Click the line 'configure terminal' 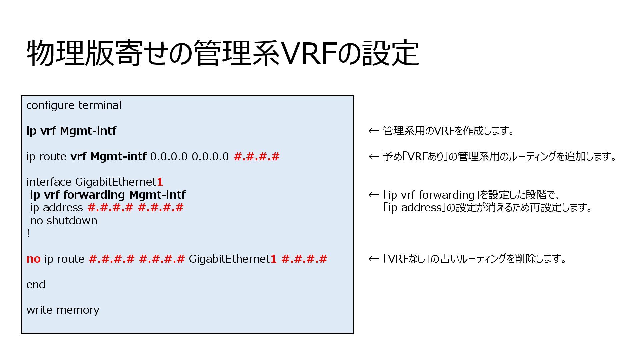click(x=74, y=105)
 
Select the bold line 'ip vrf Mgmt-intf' click(x=71, y=131)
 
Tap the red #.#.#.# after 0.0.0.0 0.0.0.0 click(x=256, y=156)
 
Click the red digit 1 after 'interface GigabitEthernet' click(x=160, y=182)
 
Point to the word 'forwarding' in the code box click(x=94, y=195)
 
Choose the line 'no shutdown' click(x=64, y=221)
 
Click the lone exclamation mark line click(x=28, y=233)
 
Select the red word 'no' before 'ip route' click(x=33, y=259)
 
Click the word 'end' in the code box click(x=36, y=285)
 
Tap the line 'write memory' click(x=63, y=310)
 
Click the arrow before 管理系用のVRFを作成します click(x=373, y=131)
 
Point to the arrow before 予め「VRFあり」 click(x=373, y=157)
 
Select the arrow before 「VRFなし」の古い click(x=373, y=259)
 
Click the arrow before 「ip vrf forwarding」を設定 click(x=373, y=195)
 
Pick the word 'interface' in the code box click(x=49, y=182)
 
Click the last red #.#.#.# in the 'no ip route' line click(x=304, y=259)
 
